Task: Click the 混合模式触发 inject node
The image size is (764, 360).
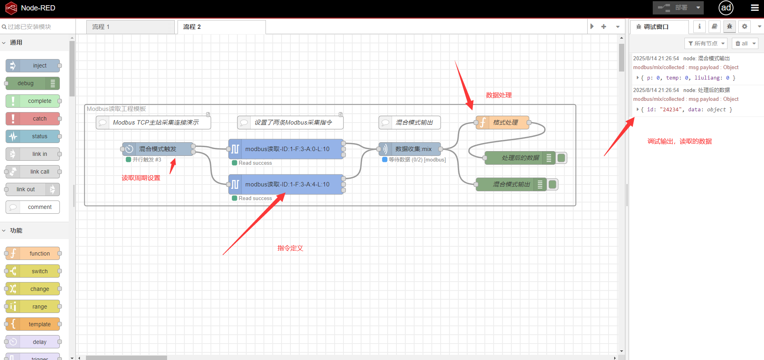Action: pyautogui.click(x=157, y=149)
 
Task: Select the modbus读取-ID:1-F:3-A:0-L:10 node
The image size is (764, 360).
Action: pyautogui.click(x=287, y=149)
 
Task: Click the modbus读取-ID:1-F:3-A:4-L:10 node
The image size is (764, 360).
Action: pyautogui.click(x=287, y=184)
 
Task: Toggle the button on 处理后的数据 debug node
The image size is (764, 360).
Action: pyautogui.click(x=562, y=158)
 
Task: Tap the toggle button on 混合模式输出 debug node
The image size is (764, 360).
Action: pyautogui.click(x=553, y=184)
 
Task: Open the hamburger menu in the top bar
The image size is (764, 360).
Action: pyautogui.click(x=755, y=8)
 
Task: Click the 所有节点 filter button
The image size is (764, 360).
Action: pyautogui.click(x=706, y=43)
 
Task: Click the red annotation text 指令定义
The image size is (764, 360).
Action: pyautogui.click(x=290, y=248)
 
